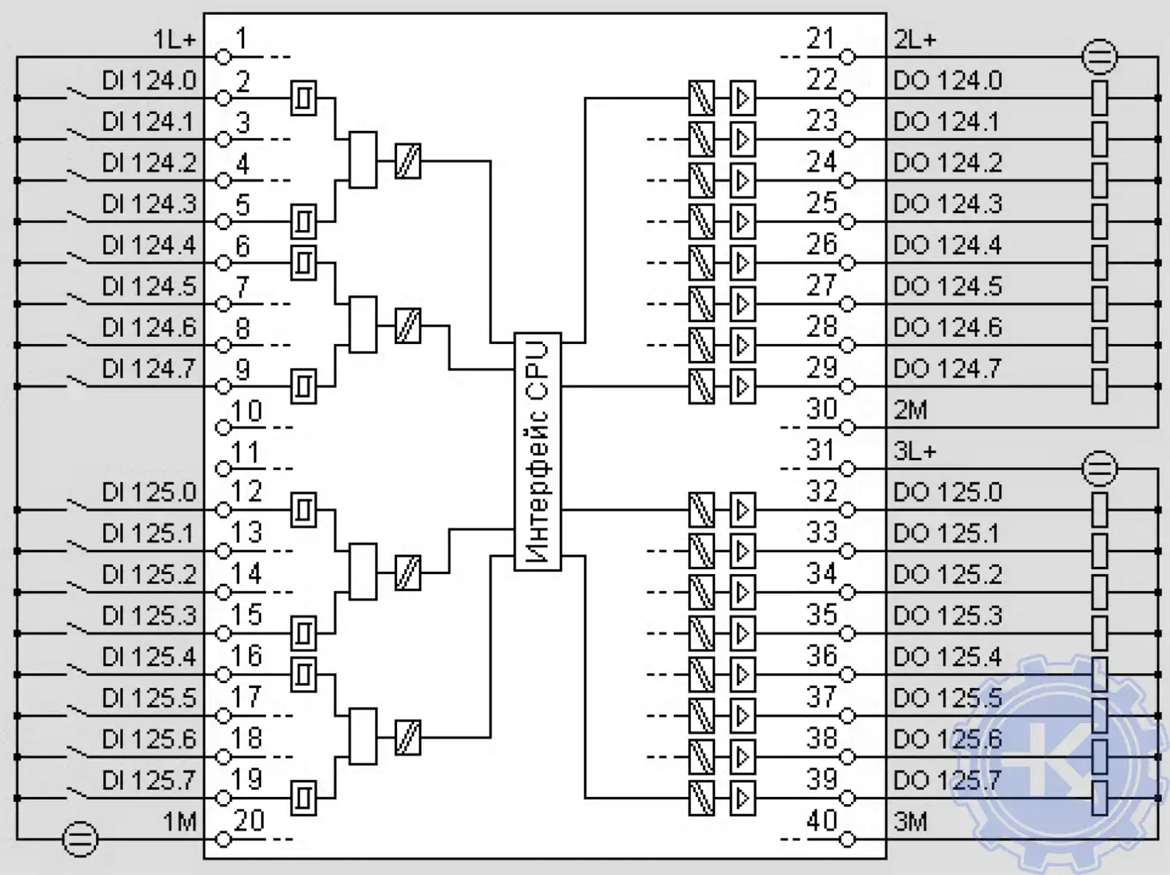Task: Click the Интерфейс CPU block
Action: pos(537,452)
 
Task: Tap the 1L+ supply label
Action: pos(174,39)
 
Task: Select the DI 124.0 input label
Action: pos(148,80)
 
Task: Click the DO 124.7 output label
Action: pos(947,368)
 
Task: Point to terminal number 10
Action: pos(247,411)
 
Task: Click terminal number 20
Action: pos(249,820)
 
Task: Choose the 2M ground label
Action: pos(910,410)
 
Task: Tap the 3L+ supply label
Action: pos(915,451)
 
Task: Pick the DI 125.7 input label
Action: pos(148,780)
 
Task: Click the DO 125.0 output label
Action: pos(947,492)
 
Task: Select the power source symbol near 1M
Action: pos(80,839)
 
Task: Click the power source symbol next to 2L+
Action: pos(1100,57)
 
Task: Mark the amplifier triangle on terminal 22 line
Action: pos(743,98)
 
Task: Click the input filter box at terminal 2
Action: pos(303,98)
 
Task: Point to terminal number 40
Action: pos(822,820)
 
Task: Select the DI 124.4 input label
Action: pos(148,245)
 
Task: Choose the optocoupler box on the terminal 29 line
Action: pos(701,386)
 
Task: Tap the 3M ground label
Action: pos(910,822)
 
